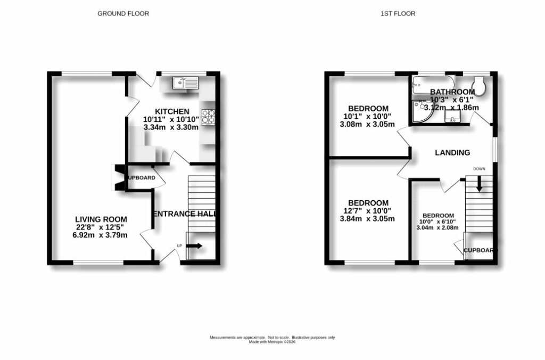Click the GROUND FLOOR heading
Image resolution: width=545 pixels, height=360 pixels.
(123, 13)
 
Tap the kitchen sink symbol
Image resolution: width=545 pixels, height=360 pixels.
(185, 83)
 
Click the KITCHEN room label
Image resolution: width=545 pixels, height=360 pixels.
(171, 111)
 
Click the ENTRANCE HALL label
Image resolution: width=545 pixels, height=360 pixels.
(185, 214)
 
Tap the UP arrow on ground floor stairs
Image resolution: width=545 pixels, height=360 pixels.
(195, 246)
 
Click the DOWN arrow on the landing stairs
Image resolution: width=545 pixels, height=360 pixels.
(480, 185)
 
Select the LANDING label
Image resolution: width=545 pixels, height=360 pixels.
(452, 153)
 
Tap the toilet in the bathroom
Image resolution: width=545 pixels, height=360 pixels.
(479, 87)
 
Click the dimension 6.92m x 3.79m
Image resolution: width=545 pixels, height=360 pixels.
(101, 235)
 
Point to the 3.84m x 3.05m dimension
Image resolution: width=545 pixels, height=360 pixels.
(368, 219)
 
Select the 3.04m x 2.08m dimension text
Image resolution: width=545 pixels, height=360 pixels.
(438, 228)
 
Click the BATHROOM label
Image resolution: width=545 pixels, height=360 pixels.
(452, 92)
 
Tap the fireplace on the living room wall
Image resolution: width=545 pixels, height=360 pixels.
(118, 177)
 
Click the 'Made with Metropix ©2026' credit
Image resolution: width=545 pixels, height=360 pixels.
(272, 342)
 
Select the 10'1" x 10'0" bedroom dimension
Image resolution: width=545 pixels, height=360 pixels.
(367, 117)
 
